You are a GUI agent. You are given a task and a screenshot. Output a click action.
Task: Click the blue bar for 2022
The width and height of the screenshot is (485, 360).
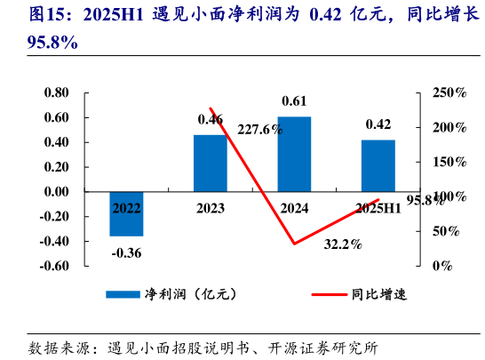(x=126, y=213)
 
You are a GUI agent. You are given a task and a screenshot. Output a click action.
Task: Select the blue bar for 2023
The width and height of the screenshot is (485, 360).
(x=211, y=163)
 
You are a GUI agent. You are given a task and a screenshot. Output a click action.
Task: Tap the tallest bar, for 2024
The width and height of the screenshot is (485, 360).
(x=294, y=154)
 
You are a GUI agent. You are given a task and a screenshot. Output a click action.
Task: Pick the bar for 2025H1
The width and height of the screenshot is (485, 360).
(x=378, y=165)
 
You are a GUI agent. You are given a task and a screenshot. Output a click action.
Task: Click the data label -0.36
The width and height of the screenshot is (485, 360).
(x=127, y=252)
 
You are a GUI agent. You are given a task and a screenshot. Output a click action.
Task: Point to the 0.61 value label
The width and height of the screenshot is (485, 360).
(x=294, y=100)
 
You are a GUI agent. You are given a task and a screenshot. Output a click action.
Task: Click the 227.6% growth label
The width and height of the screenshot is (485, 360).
(x=260, y=129)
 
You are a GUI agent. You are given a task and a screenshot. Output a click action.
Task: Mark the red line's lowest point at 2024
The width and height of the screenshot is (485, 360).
(x=294, y=244)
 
